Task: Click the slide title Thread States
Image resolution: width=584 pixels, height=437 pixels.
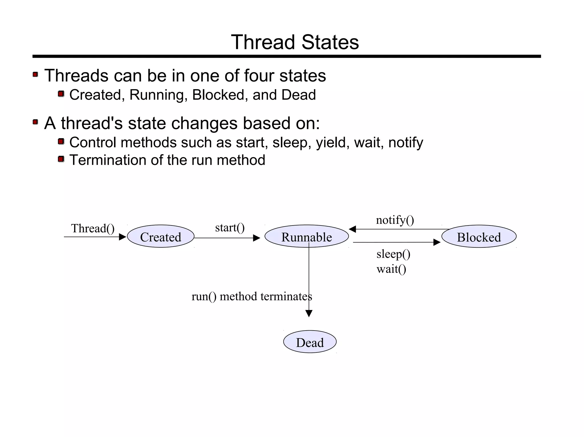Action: pyautogui.click(x=295, y=42)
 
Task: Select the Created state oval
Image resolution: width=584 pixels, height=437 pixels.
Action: pyautogui.click(x=161, y=237)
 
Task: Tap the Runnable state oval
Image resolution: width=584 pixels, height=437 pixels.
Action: pyautogui.click(x=307, y=237)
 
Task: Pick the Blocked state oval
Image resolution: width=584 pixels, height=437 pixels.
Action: pyautogui.click(x=479, y=237)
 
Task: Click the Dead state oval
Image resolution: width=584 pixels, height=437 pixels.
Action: pyautogui.click(x=310, y=342)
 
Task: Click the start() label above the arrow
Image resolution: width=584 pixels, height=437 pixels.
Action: pyautogui.click(x=230, y=228)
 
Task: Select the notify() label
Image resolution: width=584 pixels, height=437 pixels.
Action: pyautogui.click(x=395, y=220)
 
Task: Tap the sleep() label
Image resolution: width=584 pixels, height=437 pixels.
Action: pyautogui.click(x=393, y=254)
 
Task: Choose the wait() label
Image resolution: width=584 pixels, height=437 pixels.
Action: pyautogui.click(x=391, y=269)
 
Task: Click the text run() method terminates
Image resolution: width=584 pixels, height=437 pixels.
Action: pyautogui.click(x=252, y=297)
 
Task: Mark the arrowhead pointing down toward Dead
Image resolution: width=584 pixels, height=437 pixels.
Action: pyautogui.click(x=309, y=313)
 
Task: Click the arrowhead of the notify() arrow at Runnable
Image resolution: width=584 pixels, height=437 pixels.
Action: pyautogui.click(x=352, y=229)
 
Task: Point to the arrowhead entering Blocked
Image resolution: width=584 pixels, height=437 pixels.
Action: pyautogui.click(x=437, y=242)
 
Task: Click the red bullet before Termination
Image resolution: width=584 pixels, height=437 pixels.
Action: pyautogui.click(x=61, y=159)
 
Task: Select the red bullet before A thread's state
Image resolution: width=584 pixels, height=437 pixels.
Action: pyautogui.click(x=35, y=122)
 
